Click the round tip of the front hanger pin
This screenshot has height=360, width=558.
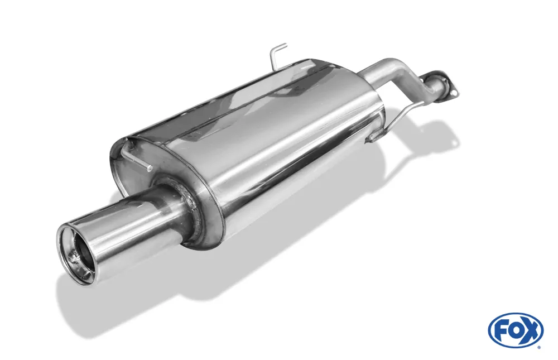(150, 168)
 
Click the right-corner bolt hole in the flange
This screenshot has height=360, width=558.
(454, 93)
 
